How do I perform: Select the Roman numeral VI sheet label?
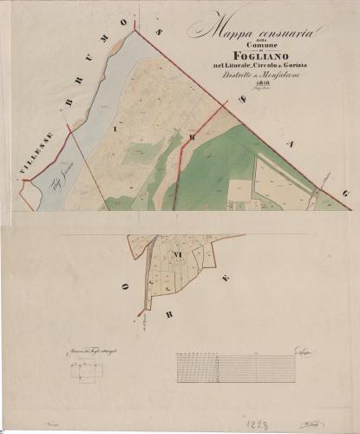click(x=177, y=254)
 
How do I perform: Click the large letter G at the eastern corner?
click(x=345, y=193)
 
